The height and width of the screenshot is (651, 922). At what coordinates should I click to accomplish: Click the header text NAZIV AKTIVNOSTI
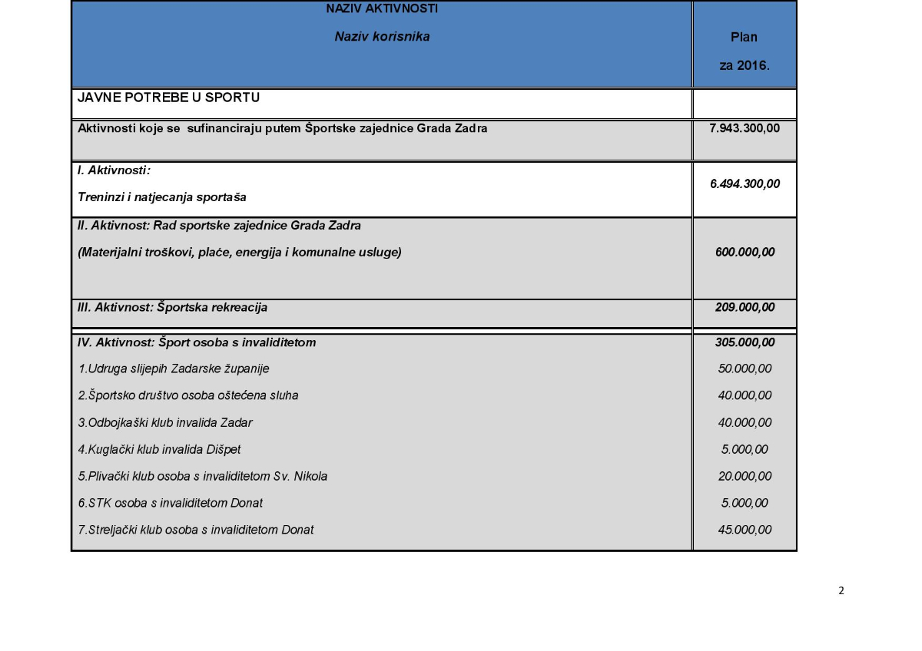tap(382, 9)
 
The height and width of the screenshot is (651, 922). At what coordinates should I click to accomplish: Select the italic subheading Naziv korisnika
tap(382, 36)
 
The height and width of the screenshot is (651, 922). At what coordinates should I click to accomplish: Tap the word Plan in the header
tap(744, 37)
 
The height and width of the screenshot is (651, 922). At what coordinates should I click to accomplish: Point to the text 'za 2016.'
tap(744, 65)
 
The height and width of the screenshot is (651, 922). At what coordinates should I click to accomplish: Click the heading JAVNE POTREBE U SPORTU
tap(168, 97)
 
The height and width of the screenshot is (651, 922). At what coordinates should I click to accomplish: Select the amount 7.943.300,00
tap(744, 128)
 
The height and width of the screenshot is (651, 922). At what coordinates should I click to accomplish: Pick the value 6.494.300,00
tap(744, 183)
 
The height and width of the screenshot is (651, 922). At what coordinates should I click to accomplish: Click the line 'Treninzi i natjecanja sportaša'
tap(162, 197)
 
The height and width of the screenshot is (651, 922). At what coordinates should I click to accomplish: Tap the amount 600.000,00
tap(744, 252)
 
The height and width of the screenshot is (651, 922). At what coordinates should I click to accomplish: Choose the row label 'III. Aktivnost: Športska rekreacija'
tap(173, 308)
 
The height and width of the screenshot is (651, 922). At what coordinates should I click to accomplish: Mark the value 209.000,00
tap(744, 308)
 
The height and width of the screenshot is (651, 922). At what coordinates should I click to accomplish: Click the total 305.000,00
tap(744, 342)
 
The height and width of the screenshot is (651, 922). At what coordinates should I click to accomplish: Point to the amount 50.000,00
tap(744, 368)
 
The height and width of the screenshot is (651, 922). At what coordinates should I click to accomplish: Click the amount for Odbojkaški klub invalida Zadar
tap(744, 422)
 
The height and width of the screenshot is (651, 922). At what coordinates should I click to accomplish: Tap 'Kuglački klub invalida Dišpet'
tap(160, 449)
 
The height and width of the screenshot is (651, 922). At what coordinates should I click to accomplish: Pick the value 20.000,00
tap(744, 476)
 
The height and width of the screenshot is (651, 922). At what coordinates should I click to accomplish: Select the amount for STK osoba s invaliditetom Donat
tap(744, 503)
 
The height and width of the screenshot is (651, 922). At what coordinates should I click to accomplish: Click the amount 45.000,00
tap(744, 530)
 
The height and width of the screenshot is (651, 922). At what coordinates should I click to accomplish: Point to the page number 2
tap(841, 590)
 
